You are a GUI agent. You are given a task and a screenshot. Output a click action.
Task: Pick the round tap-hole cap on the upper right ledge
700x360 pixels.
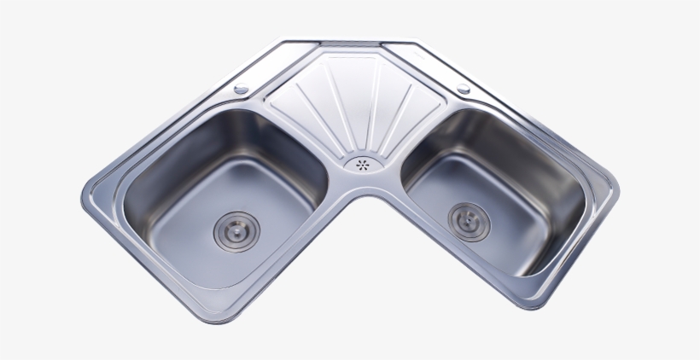464,89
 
